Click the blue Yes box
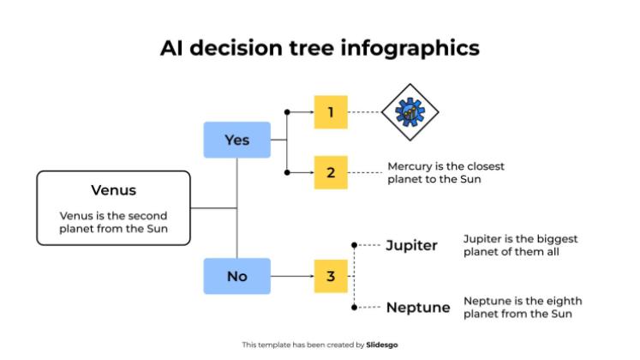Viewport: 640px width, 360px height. tap(236, 140)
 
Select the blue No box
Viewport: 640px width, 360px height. tap(236, 276)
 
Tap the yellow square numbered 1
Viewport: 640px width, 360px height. tap(331, 111)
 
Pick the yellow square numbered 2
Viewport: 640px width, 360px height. tap(331, 172)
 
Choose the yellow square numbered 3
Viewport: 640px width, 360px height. tap(331, 276)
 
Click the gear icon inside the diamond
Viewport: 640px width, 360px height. tap(410, 111)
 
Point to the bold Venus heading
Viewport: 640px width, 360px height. tap(113, 190)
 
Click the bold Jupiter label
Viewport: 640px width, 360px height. tap(411, 246)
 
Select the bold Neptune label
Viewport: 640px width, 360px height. tap(417, 307)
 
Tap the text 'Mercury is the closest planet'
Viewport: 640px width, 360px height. tap(434, 172)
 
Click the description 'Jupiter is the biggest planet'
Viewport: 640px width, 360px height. tap(509, 244)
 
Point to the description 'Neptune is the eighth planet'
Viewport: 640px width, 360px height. tap(511, 307)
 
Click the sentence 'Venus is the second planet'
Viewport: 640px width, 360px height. tap(113, 222)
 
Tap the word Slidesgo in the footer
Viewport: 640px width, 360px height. tap(381, 345)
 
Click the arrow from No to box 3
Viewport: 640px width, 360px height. tap(291, 276)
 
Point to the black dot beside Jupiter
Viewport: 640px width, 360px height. tap(355, 245)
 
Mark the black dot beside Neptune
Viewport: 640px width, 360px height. tap(355, 306)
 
